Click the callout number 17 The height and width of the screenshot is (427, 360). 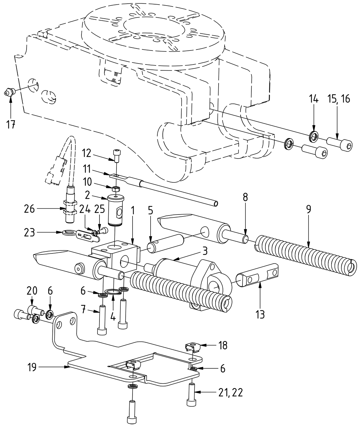[11, 124]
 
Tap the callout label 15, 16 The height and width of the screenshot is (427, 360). [339, 99]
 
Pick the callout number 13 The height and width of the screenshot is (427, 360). [260, 314]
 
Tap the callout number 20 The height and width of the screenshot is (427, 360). [32, 290]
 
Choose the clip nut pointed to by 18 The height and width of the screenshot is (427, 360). [193, 346]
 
